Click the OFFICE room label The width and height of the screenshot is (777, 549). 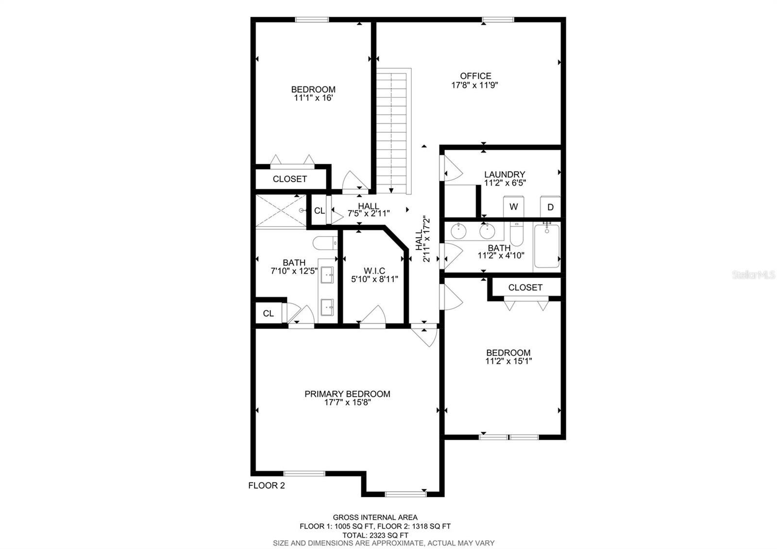click(x=475, y=76)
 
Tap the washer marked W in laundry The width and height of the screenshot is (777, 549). click(x=513, y=206)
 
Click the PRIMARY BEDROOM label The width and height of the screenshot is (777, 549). click(x=347, y=394)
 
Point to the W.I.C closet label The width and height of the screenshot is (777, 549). click(x=374, y=271)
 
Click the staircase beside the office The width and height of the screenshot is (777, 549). click(x=393, y=131)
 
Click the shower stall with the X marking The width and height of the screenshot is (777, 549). click(x=281, y=210)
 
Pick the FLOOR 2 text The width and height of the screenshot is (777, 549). click(x=267, y=485)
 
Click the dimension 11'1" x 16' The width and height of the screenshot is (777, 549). click(x=313, y=98)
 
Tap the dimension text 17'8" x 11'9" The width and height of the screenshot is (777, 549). click(x=475, y=85)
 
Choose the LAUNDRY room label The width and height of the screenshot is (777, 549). click(x=505, y=174)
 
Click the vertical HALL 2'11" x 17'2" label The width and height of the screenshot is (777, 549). click(x=422, y=239)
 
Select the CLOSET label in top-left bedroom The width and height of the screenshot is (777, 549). click(x=290, y=179)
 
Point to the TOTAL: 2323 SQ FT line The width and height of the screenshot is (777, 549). click(x=374, y=534)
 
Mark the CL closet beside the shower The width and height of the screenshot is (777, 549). click(x=319, y=211)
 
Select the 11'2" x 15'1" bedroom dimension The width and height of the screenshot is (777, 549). click(x=508, y=361)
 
